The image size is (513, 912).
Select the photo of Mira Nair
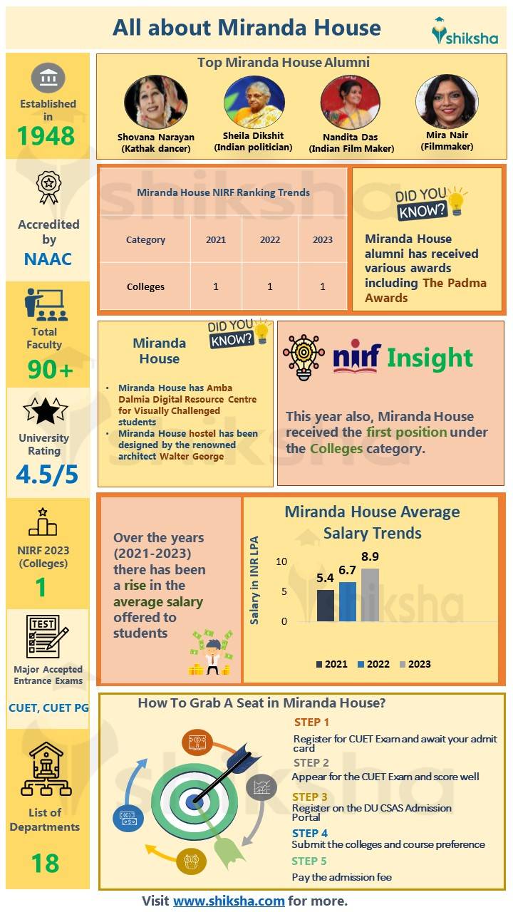447,101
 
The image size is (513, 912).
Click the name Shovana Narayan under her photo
156,138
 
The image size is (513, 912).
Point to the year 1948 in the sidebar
47,135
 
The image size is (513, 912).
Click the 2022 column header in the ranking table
270,240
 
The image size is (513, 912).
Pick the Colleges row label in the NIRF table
145,286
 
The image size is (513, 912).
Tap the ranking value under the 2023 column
323,286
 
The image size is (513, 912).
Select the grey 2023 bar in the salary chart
370,595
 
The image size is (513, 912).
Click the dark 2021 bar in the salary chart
325,606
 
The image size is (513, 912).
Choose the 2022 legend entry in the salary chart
373,664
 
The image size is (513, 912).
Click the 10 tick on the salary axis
281,561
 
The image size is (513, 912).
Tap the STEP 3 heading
310,797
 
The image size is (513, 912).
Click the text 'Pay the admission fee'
342,876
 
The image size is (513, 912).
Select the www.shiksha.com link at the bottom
229,901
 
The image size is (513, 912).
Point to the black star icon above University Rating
45,412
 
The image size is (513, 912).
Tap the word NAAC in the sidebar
48,258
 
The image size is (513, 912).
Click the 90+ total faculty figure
50,369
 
